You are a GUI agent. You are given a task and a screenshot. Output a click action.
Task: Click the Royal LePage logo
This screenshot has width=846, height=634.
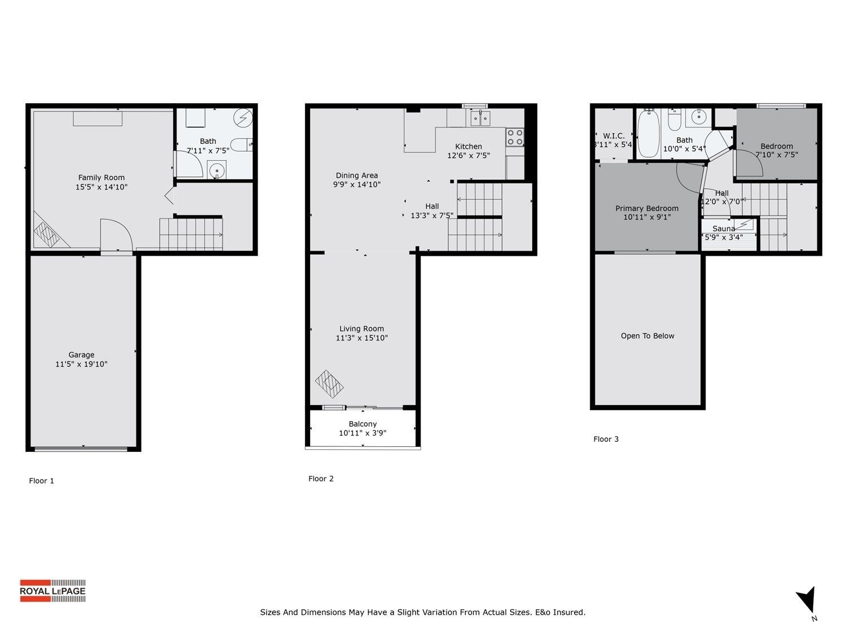(52, 591)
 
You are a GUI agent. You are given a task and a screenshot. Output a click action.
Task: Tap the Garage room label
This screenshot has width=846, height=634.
(81, 354)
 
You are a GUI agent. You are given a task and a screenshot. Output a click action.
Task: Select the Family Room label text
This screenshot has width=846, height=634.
(102, 178)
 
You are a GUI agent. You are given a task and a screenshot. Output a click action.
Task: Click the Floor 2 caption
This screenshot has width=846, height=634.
(321, 478)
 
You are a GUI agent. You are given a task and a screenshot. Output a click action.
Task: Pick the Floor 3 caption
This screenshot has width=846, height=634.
(606, 439)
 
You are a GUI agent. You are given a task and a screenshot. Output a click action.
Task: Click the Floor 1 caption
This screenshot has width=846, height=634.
(42, 481)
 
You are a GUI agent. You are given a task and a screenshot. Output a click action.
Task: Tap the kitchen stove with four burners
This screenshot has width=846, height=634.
(514, 138)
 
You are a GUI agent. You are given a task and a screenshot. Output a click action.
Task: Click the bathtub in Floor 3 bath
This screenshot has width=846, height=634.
(649, 134)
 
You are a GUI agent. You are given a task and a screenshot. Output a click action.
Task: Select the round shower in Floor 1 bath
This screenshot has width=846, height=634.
(243, 118)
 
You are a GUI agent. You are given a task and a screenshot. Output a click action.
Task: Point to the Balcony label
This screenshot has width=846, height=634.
(363, 424)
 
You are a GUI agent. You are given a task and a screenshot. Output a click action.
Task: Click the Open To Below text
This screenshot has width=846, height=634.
(647, 336)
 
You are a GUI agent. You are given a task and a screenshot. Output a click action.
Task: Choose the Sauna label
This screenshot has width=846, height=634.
(724, 228)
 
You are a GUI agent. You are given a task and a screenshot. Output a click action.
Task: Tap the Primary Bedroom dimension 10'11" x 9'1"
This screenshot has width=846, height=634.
(647, 217)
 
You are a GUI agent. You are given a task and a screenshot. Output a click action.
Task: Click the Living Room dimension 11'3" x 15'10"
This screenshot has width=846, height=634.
(362, 338)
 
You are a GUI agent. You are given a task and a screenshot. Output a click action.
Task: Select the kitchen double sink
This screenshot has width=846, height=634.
(480, 118)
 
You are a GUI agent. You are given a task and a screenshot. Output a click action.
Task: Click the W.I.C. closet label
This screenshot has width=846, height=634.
(614, 136)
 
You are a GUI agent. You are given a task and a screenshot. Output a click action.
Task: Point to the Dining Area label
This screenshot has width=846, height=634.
(357, 175)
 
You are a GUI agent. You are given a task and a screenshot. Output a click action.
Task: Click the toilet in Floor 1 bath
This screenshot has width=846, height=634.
(241, 145)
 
